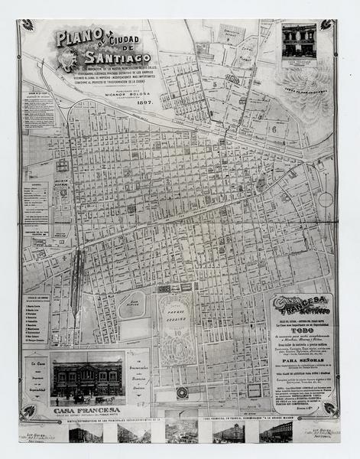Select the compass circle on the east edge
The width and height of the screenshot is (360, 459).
click(x=326, y=199)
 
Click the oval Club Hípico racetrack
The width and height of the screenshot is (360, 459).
click(x=131, y=304)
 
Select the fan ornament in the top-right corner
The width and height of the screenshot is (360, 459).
click(x=326, y=25)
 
